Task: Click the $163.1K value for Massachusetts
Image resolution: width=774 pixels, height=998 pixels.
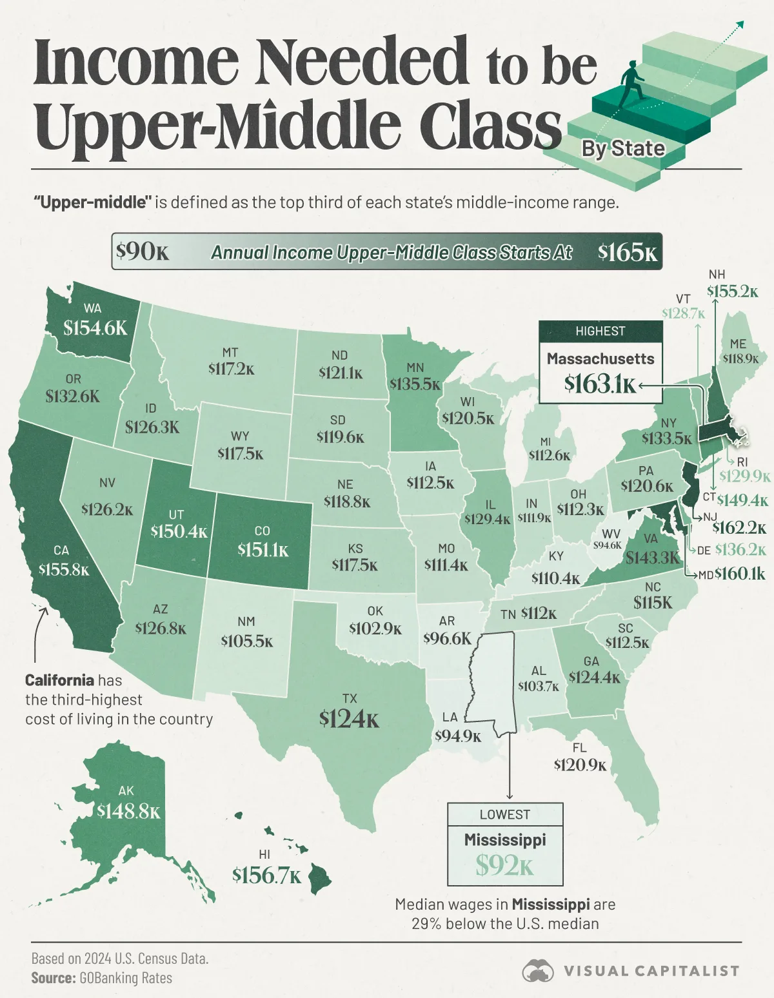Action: [x=600, y=384]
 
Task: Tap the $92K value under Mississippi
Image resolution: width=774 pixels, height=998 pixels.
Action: [x=504, y=865]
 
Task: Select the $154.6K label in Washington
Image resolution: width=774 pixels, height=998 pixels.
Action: [x=95, y=328]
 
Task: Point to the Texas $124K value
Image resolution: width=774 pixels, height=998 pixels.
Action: [x=349, y=718]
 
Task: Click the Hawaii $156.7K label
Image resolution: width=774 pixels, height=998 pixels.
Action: [x=266, y=876]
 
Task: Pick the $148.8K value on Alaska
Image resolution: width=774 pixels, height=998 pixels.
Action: [x=128, y=811]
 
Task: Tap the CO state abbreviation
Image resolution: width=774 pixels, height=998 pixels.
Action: [x=262, y=531]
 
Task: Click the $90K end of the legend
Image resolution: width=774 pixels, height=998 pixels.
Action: [x=143, y=251]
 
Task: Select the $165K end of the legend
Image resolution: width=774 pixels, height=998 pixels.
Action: [x=627, y=252]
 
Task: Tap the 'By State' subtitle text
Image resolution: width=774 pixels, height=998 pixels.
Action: [x=622, y=149]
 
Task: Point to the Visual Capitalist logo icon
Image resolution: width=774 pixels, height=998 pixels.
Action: [x=538, y=970]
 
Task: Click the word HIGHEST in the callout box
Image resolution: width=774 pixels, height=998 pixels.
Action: [x=600, y=331]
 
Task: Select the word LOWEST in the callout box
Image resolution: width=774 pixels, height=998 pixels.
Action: [x=504, y=814]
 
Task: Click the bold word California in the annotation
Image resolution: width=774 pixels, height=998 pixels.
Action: [x=59, y=680]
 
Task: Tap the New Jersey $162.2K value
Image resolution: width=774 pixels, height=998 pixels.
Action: [x=739, y=529]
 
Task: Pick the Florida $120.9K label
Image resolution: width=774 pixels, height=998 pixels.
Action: [x=580, y=765]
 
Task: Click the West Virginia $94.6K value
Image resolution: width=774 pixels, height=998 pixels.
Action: [x=608, y=545]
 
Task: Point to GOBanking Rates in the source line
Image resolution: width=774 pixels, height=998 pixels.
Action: [x=126, y=978]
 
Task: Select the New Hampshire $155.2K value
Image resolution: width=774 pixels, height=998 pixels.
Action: [x=732, y=291]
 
